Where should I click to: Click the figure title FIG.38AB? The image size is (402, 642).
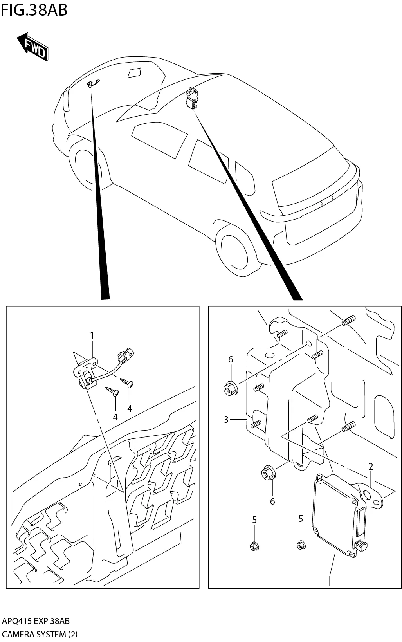coord(34,10)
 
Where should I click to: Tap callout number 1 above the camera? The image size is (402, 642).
coord(92,335)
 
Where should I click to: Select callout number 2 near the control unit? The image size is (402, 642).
coord(370,466)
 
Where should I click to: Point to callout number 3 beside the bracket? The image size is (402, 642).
coord(226,420)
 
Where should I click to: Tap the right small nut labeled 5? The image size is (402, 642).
coord(301,544)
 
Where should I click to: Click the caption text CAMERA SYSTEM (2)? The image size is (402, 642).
coord(40,634)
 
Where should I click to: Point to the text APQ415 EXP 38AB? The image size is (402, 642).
coord(36,621)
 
